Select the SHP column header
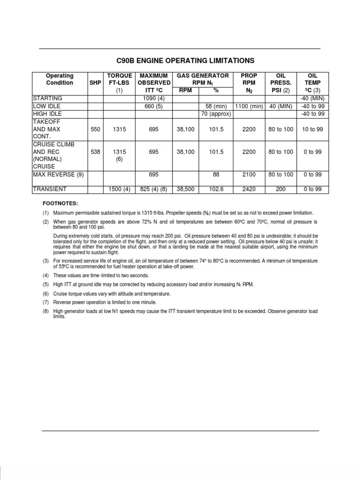pyautogui.click(x=95, y=83)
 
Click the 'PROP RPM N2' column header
pyautogui.click(x=249, y=83)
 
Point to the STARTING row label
pyautogui.click(x=48, y=98)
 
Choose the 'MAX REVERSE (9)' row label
pyautogui.click(x=58, y=174)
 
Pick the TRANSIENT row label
pyautogui.click(x=50, y=189)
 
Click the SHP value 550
pyautogui.click(x=95, y=128)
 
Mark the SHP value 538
pyautogui.click(x=95, y=151)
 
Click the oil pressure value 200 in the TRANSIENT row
pyautogui.click(x=281, y=189)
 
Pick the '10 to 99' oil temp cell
pyautogui.click(x=312, y=128)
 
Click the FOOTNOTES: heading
pyautogui.click(x=59, y=204)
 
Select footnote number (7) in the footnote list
pyautogui.click(x=46, y=302)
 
